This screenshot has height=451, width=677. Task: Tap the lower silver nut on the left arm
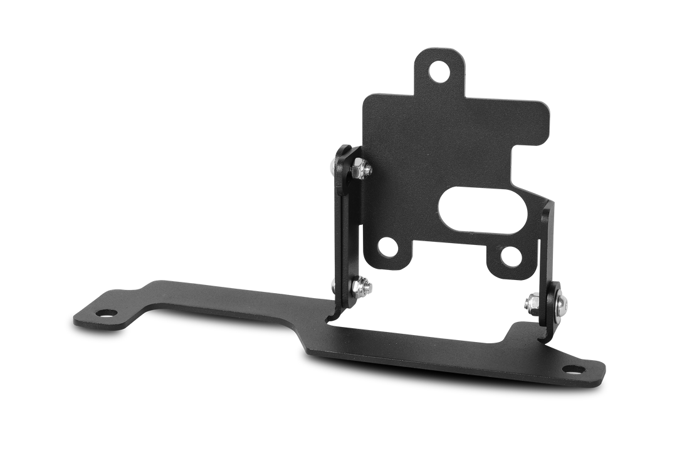(362, 287)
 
